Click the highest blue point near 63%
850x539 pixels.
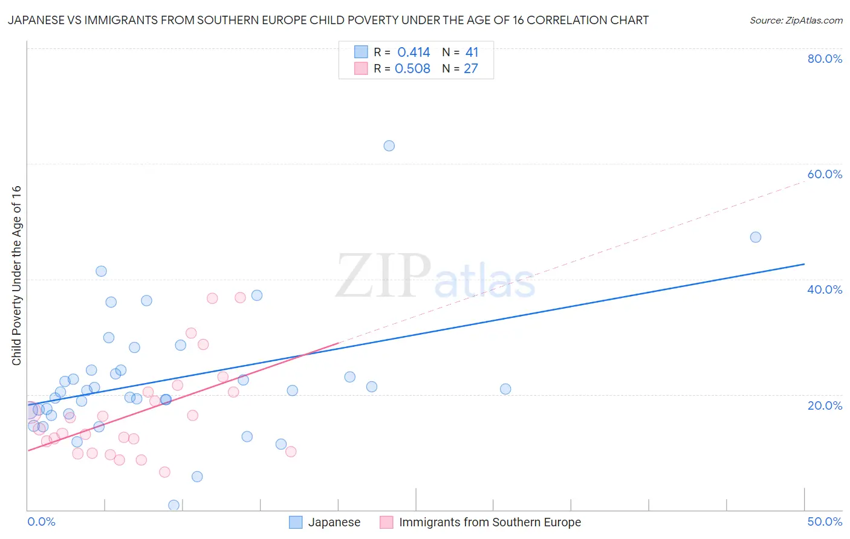tap(389, 146)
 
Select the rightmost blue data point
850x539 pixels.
tap(755, 237)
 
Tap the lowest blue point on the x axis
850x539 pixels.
tap(174, 505)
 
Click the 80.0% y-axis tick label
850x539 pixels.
tap(825, 59)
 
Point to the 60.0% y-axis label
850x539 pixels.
tap(825, 174)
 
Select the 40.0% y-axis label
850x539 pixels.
tap(825, 289)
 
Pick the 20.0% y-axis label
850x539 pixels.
tap(825, 405)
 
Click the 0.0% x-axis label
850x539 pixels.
tap(41, 521)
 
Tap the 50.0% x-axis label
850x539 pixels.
tap(825, 521)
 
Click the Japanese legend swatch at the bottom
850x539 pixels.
tap(296, 522)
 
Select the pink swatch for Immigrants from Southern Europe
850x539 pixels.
tap(386, 522)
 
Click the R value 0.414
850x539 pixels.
tap(414, 53)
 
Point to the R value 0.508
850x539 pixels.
tap(412, 69)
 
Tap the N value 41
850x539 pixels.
tap(472, 53)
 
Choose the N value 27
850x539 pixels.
tap(470, 69)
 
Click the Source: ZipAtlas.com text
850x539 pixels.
tap(796, 21)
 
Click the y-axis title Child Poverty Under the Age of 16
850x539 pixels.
tap(17, 276)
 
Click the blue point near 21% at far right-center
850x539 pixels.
tap(505, 389)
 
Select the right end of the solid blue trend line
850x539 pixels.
tap(804, 264)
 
